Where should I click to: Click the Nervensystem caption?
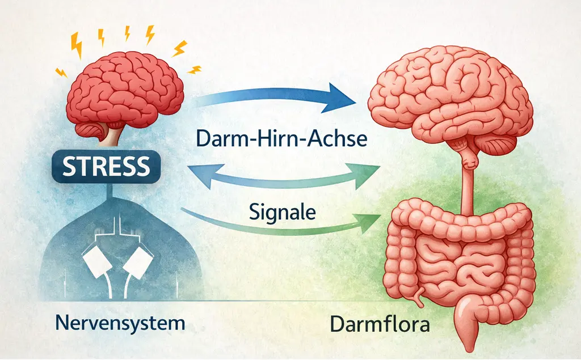[x=121, y=324]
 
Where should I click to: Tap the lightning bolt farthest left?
[x=61, y=72]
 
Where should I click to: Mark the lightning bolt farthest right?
[x=194, y=70]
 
